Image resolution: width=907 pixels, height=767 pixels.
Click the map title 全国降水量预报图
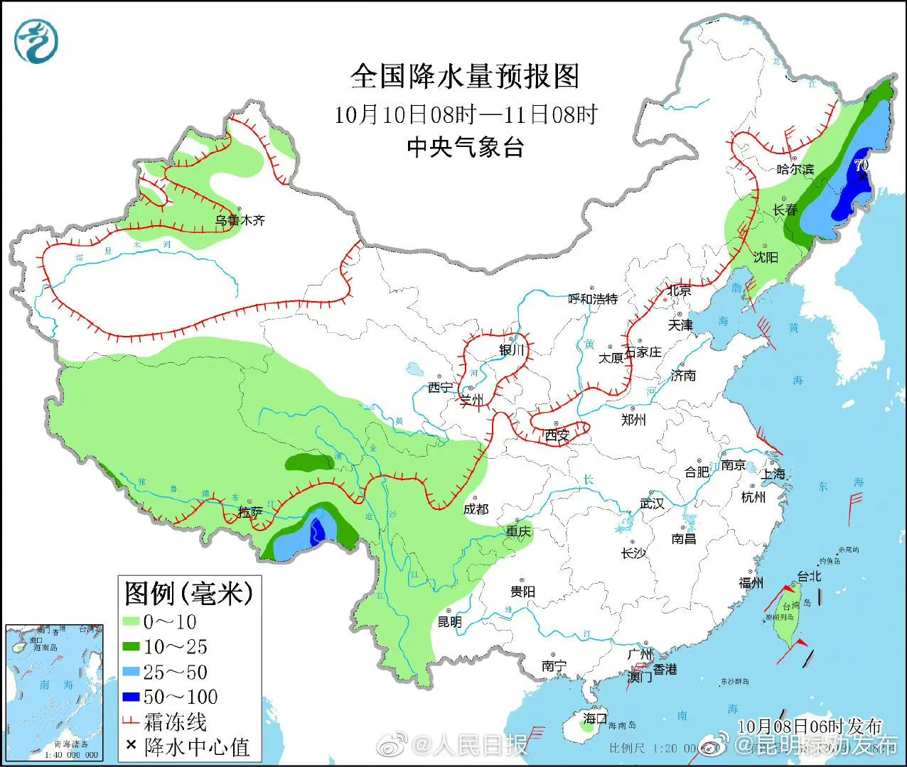[466, 77]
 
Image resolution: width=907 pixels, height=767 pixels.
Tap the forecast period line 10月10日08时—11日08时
[466, 114]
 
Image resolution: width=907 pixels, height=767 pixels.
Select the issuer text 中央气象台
[466, 147]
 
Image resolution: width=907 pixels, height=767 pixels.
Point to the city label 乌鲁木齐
[240, 220]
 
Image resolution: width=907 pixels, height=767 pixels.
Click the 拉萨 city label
[250, 512]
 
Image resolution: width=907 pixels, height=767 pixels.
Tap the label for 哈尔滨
[795, 169]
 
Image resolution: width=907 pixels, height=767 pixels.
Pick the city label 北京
[679, 290]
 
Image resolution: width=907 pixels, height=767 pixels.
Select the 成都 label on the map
[476, 509]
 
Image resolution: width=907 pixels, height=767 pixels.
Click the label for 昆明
[449, 622]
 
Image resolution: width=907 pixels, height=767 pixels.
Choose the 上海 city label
[773, 474]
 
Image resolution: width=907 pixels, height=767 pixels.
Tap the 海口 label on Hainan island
[595, 718]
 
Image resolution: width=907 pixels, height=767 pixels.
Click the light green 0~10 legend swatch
[130, 622]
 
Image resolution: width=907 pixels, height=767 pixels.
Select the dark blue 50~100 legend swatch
[130, 697]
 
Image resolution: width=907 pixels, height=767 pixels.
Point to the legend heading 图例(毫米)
[188, 592]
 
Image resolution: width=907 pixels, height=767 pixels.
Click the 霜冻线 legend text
[176, 722]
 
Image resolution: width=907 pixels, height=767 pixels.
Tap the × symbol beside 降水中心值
[130, 745]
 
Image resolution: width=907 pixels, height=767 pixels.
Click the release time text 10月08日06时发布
[809, 726]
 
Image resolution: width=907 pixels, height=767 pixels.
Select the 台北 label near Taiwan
[808, 577]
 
